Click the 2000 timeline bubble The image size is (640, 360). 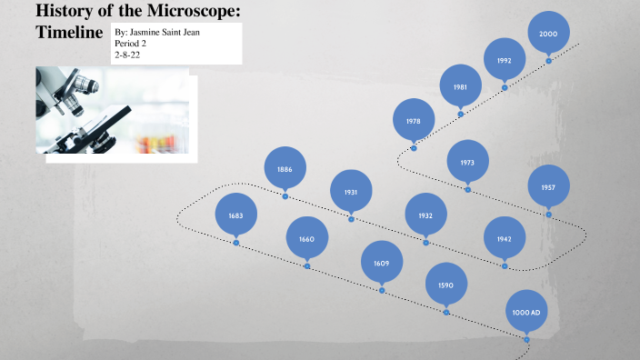point(549,33)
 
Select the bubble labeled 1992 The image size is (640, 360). point(505,60)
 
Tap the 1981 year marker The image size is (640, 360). point(461,87)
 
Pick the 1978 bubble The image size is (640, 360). point(414,121)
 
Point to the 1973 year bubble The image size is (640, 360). point(467,163)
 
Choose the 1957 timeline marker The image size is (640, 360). point(548,187)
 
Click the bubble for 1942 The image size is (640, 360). point(505,238)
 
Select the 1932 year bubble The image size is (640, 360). point(425,215)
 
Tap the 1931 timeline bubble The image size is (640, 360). point(351,192)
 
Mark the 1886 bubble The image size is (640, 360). point(285,169)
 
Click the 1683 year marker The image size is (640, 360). point(236,215)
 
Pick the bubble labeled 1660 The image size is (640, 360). point(306,239)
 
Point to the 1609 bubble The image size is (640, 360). point(382,263)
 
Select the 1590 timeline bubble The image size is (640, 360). point(446,285)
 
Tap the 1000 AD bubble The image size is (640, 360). point(527,312)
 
